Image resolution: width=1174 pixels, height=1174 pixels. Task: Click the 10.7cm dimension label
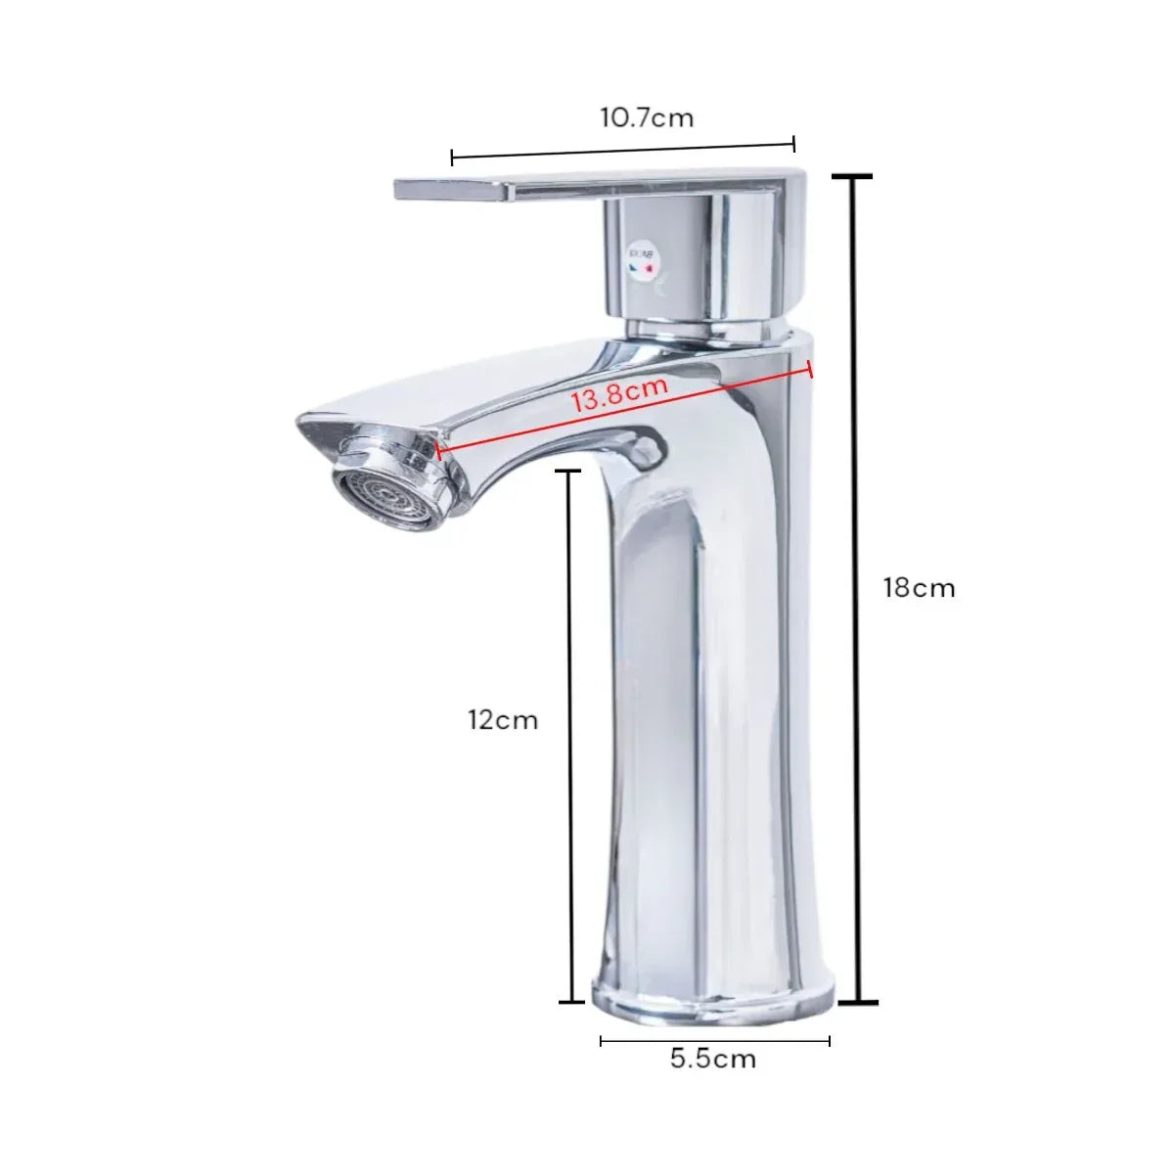(x=647, y=117)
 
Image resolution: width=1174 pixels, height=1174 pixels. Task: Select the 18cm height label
(x=920, y=589)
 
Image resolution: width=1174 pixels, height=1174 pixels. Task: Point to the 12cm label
(x=503, y=720)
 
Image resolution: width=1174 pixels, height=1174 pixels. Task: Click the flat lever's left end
(x=396, y=189)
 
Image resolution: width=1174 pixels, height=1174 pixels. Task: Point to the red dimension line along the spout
(x=622, y=410)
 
